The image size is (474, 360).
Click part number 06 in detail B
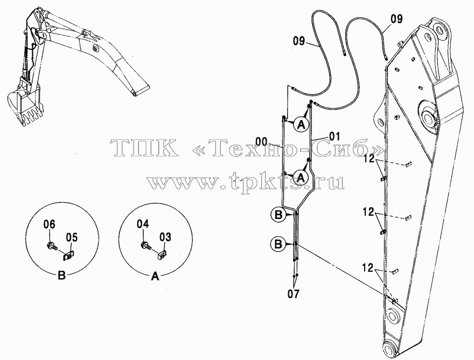50,224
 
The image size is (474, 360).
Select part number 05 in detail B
71,238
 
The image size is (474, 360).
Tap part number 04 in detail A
143,224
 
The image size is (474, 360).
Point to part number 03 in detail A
165,237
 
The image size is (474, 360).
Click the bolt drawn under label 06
52,246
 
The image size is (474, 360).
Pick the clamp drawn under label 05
68,256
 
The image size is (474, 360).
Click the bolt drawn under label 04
145,246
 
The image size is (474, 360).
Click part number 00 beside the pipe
261,141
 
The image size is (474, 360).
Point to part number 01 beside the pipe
334,136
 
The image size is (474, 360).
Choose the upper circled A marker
301,124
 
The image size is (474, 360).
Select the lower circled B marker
278,244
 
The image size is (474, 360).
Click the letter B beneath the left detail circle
61,276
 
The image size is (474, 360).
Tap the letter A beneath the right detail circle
155,276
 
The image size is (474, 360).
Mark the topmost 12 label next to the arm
369,158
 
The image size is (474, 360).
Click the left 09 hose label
299,41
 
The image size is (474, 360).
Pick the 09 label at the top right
396,19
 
